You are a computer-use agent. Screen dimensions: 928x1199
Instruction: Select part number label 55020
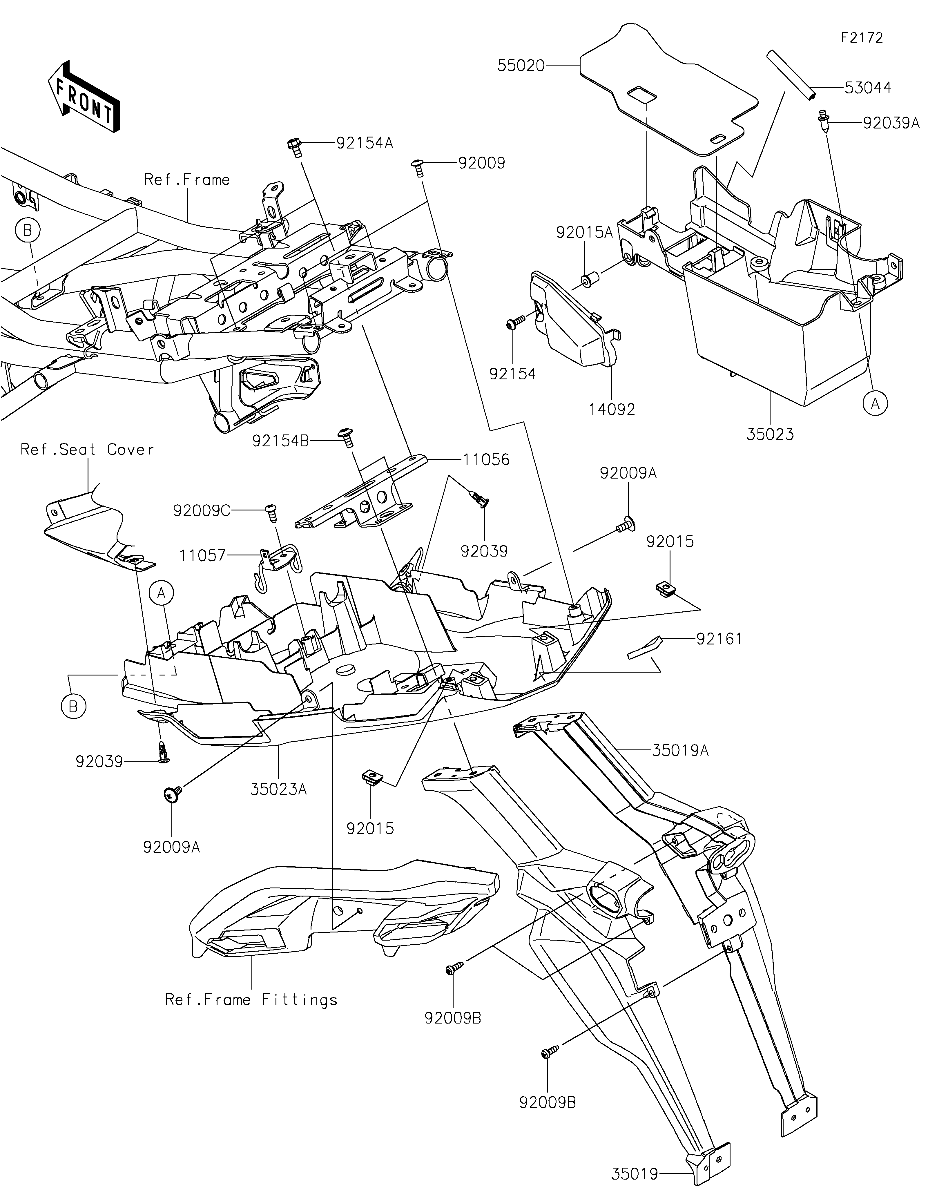(521, 66)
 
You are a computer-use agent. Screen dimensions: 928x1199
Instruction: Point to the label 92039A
(891, 123)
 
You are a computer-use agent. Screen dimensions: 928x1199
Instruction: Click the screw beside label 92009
(418, 167)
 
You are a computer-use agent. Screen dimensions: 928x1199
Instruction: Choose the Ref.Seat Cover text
(87, 450)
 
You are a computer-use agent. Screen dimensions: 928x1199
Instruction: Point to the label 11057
(202, 556)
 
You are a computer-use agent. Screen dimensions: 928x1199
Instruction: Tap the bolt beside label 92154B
(347, 438)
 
